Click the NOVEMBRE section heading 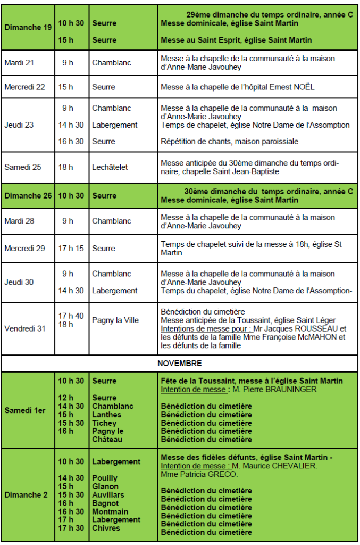click(180, 364)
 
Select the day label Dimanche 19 click(28, 27)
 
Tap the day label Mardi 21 click(19, 63)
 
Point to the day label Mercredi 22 click(25, 87)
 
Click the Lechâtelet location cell click(110, 167)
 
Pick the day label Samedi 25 click(23, 167)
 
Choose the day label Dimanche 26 click(28, 196)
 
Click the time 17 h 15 click(71, 249)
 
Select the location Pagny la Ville click(115, 320)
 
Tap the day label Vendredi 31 click(25, 328)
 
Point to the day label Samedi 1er click(25, 410)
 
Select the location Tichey click(104, 423)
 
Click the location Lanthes click(106, 415)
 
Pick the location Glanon click(105, 486)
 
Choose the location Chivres click(106, 528)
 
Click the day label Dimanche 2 click(26, 495)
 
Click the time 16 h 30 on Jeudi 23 click(71, 142)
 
